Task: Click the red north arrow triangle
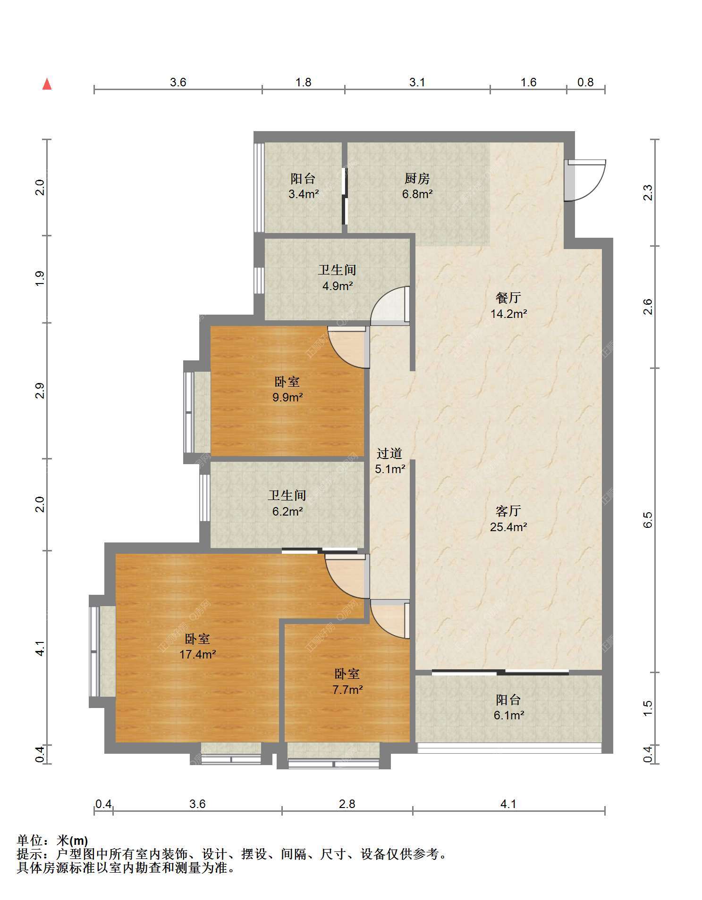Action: (x=47, y=84)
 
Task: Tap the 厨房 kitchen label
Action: (x=417, y=179)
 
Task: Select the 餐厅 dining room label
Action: (x=508, y=298)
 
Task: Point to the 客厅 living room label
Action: (x=508, y=511)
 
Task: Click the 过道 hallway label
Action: (x=389, y=453)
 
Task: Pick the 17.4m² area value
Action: (x=198, y=654)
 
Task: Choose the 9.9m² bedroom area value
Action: (x=288, y=398)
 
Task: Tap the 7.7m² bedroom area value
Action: (x=347, y=690)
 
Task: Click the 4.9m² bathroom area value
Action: (x=338, y=285)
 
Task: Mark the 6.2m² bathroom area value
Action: (x=288, y=511)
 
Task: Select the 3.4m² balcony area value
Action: (x=304, y=193)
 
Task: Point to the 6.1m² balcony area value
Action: (x=508, y=715)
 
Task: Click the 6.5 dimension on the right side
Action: (x=648, y=519)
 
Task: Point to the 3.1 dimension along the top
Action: (x=417, y=83)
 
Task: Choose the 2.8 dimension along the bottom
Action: (x=347, y=803)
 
